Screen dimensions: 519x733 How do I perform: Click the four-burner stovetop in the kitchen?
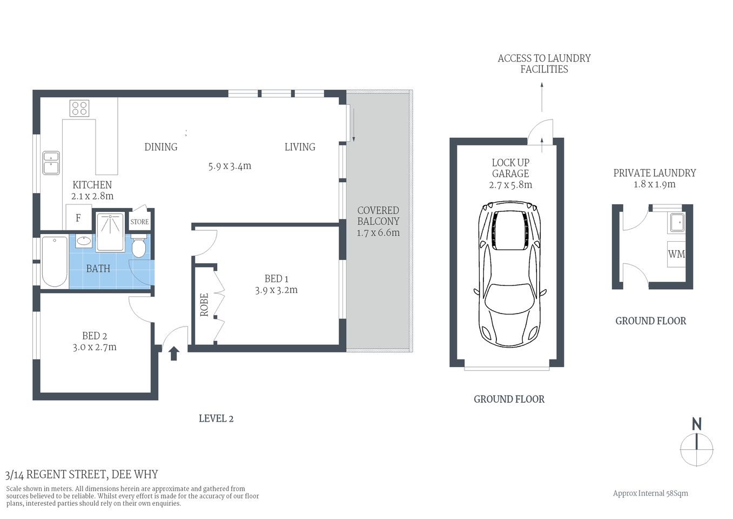pos(79,108)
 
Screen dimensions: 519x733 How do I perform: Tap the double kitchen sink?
pos(51,163)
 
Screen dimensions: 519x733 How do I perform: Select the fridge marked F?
pos(78,218)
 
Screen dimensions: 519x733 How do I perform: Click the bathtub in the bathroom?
pos(55,262)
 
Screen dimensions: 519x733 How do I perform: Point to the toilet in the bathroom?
pos(138,247)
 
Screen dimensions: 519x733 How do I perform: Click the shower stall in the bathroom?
pos(110,232)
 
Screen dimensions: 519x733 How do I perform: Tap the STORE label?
pos(139,222)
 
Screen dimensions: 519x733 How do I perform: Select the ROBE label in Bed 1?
pos(204,305)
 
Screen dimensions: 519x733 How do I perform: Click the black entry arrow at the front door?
pos(174,354)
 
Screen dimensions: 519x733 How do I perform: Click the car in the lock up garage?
pos(509,275)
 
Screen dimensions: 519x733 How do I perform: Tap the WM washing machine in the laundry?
pos(676,254)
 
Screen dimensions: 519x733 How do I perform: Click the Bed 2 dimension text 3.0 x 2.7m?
pos(95,347)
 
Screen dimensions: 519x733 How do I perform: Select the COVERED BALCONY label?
pos(378,216)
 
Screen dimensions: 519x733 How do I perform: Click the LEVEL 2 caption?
pos(216,418)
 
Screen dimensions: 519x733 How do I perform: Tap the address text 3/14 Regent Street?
pos(82,475)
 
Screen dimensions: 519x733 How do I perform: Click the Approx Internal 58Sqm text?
pos(650,493)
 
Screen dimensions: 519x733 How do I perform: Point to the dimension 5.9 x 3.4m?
pos(230,166)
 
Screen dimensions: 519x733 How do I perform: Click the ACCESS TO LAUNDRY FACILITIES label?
pos(544,63)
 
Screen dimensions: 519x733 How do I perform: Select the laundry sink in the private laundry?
pos(676,222)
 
